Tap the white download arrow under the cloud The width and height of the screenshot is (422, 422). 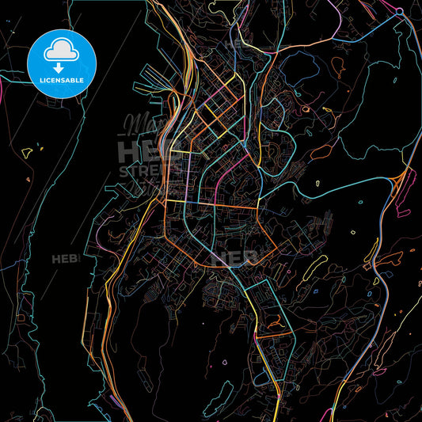(61, 56)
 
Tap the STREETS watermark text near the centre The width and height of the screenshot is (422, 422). (143, 171)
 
